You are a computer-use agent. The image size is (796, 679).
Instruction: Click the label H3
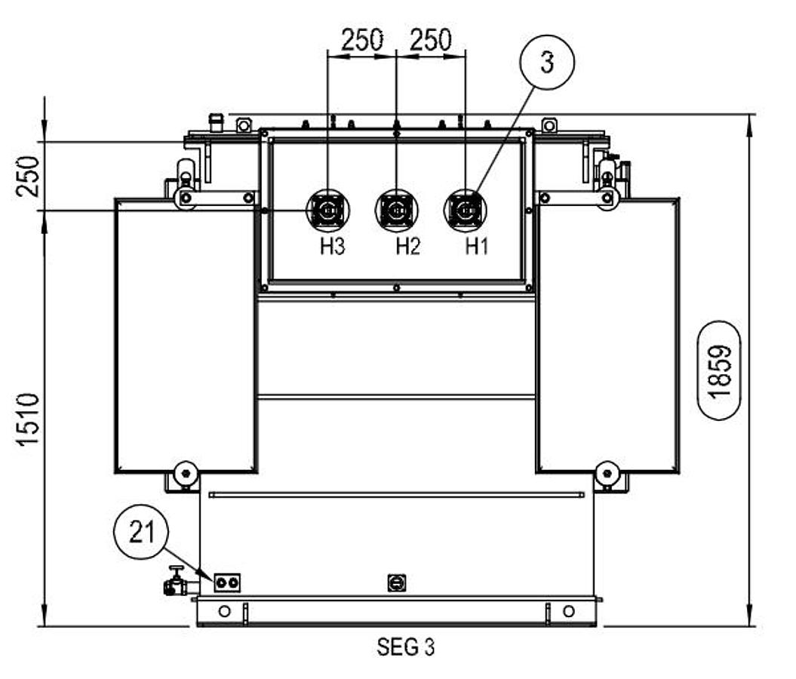pos(332,247)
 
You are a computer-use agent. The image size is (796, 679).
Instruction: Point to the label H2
pos(408,247)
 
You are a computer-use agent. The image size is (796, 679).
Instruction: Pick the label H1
pos(476,247)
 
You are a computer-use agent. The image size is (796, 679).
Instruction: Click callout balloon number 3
pos(547,63)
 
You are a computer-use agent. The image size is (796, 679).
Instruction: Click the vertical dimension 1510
pos(28,419)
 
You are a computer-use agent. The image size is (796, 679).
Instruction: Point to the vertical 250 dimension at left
pos(28,175)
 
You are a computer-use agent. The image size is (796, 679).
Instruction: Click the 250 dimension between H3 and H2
pos(362,40)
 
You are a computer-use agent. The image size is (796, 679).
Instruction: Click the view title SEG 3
pos(406,647)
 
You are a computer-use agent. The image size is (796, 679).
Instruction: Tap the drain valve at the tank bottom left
pos(177,582)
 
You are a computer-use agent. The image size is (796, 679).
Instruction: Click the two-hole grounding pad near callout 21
pos(227,582)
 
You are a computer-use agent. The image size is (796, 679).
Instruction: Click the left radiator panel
pos(185,336)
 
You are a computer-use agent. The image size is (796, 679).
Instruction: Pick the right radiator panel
pos(607,336)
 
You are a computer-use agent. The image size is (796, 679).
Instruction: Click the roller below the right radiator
pos(606,475)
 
